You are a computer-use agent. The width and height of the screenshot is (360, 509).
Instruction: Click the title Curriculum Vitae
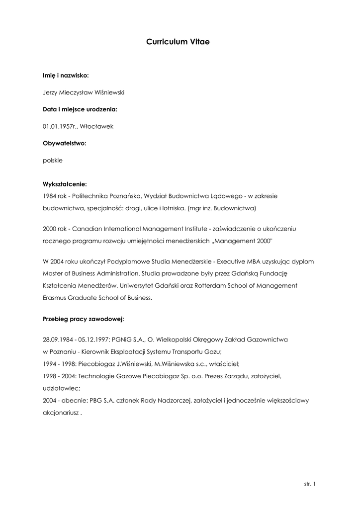coord(178,43)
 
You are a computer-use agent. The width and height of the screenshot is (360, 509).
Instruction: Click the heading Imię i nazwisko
coord(66,75)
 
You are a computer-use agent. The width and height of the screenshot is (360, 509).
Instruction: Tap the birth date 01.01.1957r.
coord(59,126)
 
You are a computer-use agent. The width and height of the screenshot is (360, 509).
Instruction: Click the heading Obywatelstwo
coord(64,143)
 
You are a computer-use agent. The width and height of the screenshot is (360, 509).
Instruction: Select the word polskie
coord(53,161)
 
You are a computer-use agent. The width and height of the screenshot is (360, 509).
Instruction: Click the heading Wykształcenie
coord(65,184)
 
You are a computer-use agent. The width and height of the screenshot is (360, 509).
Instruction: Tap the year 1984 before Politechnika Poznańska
coord(50,196)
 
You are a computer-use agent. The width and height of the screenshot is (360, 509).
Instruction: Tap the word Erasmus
coord(55,298)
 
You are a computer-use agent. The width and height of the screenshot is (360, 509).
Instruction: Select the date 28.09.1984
coord(58,340)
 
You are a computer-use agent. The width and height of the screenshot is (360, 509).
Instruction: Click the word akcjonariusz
coord(61,412)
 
